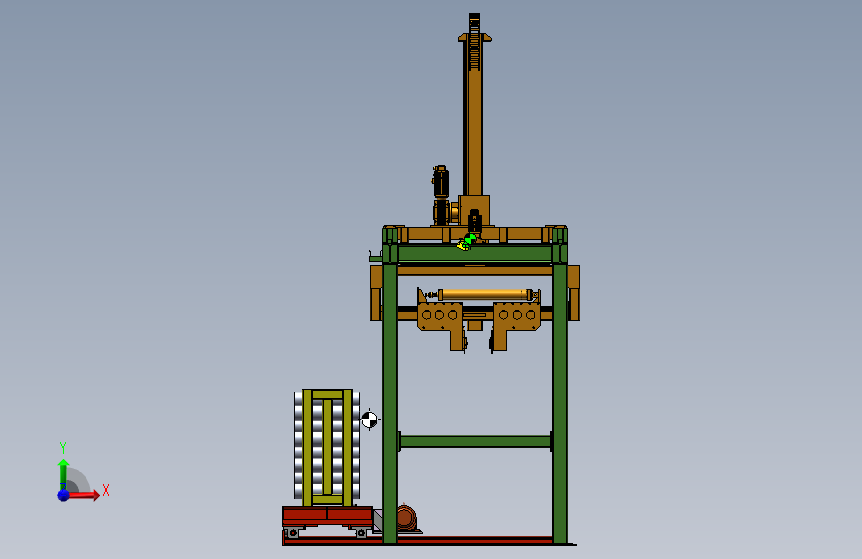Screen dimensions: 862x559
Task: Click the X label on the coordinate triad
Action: tap(106, 490)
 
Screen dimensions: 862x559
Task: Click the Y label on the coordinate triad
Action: tap(63, 447)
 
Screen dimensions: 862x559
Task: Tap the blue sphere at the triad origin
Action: tap(64, 495)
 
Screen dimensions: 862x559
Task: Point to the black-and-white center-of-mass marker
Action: tap(369, 420)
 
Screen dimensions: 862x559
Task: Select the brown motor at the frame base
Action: tap(406, 518)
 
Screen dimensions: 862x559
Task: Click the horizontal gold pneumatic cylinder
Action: tap(484, 294)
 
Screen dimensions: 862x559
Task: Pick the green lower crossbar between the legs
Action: tap(475, 441)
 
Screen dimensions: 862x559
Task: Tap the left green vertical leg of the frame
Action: tap(390, 402)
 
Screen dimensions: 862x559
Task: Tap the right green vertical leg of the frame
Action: tap(560, 402)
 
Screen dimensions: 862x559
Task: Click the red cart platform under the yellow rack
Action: tap(328, 516)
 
